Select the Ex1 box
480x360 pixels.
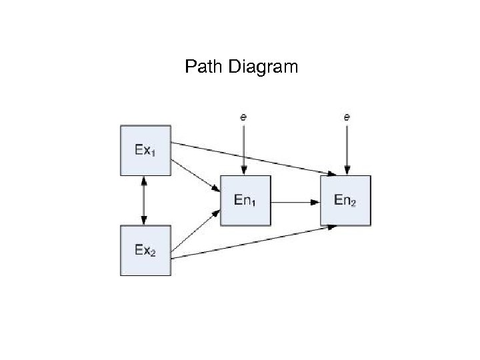pyautogui.click(x=145, y=150)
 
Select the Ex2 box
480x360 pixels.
pyautogui.click(x=145, y=250)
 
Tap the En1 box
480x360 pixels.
pyautogui.click(x=245, y=200)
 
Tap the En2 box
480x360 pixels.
pyautogui.click(x=345, y=200)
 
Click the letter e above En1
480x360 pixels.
pyautogui.click(x=244, y=117)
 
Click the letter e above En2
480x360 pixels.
pyautogui.click(x=346, y=117)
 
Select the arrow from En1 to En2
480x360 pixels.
pyautogui.click(x=295, y=200)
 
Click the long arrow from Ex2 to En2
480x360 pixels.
pyautogui.click(x=253, y=242)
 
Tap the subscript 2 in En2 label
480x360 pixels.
pyautogui.click(x=353, y=203)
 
